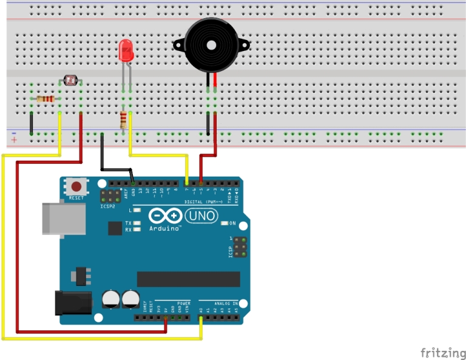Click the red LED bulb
(126, 50)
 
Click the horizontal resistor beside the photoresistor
(46, 99)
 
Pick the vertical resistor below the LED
(124, 120)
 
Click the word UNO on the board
(198, 216)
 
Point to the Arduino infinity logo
(164, 216)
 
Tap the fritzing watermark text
(443, 352)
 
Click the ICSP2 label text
(107, 206)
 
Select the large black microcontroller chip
(188, 279)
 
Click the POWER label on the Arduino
(183, 303)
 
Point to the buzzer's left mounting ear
(178, 44)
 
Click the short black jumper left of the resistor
(31, 123)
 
